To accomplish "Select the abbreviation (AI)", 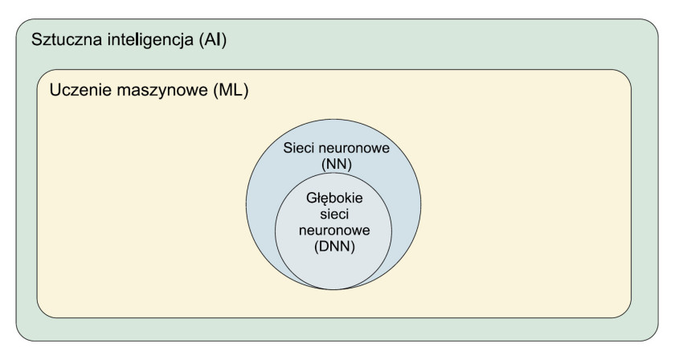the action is coord(213,40).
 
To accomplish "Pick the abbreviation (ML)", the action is coord(231,91).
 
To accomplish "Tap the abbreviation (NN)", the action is coord(337,165).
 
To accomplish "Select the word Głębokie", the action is coord(334,198).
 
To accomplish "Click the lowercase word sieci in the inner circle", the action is coord(334,214).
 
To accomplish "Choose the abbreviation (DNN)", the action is coord(334,247).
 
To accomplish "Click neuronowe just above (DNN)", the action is coord(334,231).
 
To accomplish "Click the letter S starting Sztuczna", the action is coord(36,39).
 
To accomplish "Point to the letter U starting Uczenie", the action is coord(55,91).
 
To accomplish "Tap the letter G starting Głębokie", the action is coord(311,198).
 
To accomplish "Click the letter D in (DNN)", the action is coord(323,247).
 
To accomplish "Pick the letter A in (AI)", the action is coord(211,39).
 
